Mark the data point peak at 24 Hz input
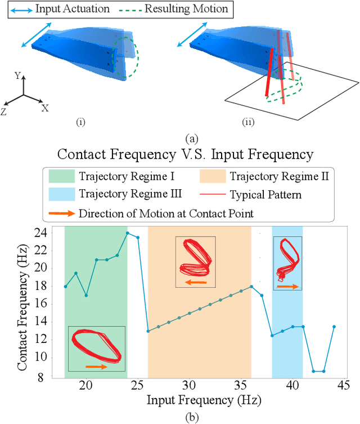coord(127,233)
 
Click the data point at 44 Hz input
coord(334,327)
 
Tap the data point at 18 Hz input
coord(65,287)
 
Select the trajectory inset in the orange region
coord(195,262)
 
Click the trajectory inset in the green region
coord(96,348)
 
